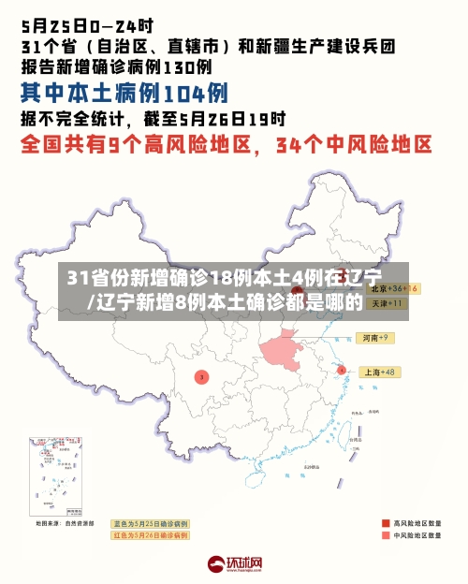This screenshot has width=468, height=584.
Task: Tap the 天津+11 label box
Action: [x=383, y=304]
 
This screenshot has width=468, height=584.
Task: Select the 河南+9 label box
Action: [x=376, y=337]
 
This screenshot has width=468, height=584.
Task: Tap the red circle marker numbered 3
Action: [x=200, y=376]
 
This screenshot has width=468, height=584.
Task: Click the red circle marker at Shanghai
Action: [x=341, y=371]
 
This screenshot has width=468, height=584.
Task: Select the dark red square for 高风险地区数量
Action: [x=385, y=523]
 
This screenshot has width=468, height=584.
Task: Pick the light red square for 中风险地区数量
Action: [x=385, y=537]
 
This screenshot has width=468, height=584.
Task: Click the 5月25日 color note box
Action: [x=150, y=523]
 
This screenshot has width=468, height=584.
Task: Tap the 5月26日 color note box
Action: [x=150, y=535]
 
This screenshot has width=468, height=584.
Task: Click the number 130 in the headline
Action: [x=179, y=66]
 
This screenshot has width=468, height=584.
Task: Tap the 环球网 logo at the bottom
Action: [x=234, y=564]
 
